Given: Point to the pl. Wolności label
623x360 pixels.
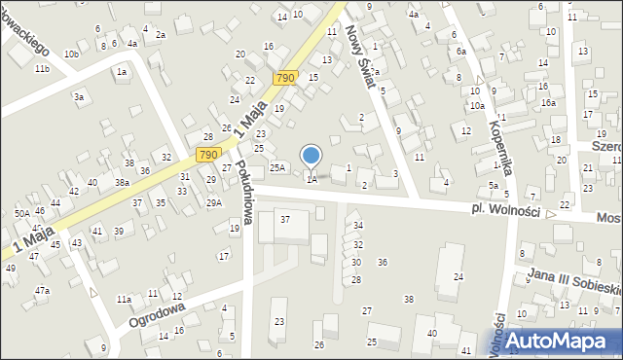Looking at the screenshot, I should [x=507, y=211].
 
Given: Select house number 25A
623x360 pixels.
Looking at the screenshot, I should [x=277, y=167].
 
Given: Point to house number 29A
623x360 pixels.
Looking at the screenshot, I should [x=213, y=202].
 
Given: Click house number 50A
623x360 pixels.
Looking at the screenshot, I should [x=21, y=213].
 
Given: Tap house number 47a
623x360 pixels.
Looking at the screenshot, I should [x=42, y=290].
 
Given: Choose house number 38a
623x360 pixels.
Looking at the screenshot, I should [x=122, y=182].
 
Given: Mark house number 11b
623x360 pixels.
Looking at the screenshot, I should [x=41, y=69].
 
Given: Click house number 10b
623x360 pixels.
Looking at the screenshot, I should [x=71, y=54].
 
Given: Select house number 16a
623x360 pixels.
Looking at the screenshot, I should [x=548, y=102].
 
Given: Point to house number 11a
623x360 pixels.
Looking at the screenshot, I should [x=124, y=299].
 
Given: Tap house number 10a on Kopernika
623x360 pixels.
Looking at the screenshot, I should [x=477, y=105].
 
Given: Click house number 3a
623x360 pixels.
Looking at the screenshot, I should [x=79, y=96].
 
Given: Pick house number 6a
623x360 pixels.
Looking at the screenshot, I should [x=460, y=51].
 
